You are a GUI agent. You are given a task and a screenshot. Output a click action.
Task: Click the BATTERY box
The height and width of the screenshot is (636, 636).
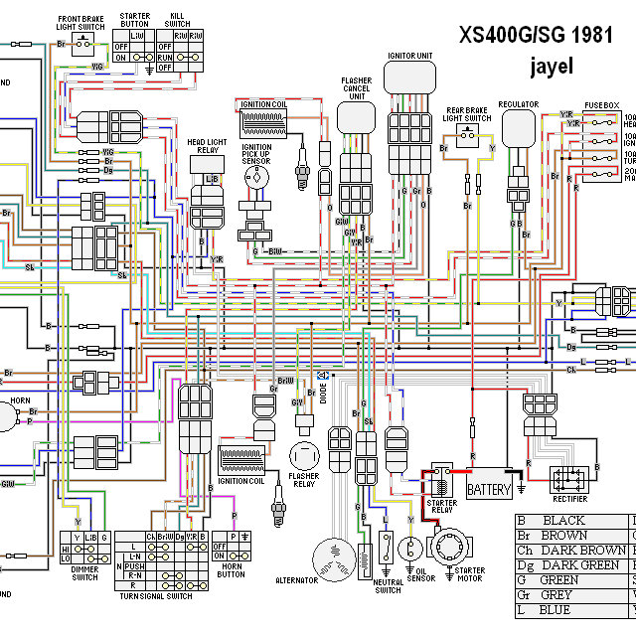(489, 489)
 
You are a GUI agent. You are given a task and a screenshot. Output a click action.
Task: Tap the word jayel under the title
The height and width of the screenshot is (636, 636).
(553, 67)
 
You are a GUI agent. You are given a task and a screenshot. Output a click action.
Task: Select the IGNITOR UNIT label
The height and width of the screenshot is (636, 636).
(409, 57)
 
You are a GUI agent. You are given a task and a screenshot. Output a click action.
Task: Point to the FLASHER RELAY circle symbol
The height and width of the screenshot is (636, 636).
(304, 456)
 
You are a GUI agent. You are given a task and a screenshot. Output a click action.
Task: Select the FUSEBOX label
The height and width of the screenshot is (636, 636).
(601, 103)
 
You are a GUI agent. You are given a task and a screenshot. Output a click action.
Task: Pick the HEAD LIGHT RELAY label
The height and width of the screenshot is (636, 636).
(209, 147)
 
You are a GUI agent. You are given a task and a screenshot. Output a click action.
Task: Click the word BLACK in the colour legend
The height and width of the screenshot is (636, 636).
(561, 521)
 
